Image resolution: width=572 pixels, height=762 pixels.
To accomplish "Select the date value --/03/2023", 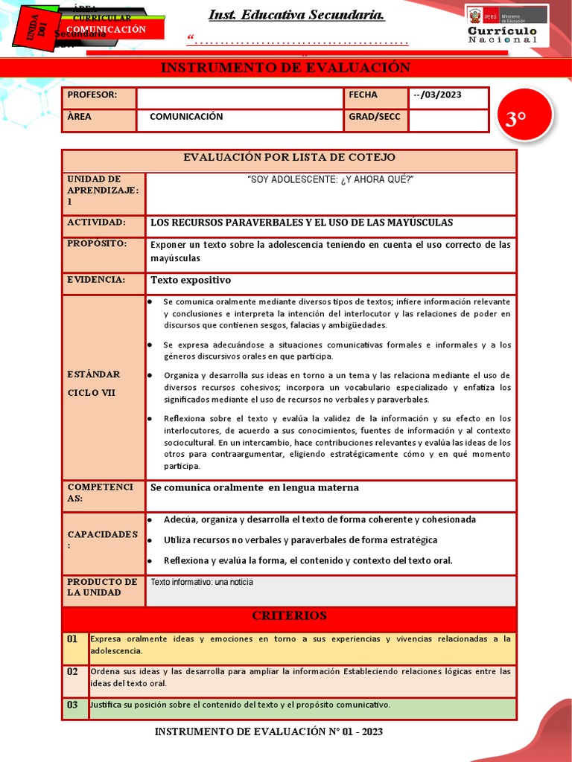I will pyautogui.click(x=436, y=95).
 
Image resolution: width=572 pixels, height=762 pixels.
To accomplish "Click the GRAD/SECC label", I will pyautogui.click(x=374, y=117).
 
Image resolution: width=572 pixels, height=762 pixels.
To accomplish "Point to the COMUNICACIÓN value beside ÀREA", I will pyautogui.click(x=186, y=117).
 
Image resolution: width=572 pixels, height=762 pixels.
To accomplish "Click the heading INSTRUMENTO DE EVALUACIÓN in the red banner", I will pyautogui.click(x=286, y=68).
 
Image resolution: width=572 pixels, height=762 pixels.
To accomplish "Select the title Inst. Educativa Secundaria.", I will pyautogui.click(x=296, y=15).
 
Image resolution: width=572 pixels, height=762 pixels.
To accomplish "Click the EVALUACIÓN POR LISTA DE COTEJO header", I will pyautogui.click(x=289, y=158).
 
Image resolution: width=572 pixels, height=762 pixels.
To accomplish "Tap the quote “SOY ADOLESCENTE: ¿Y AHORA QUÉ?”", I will pyautogui.click(x=330, y=180).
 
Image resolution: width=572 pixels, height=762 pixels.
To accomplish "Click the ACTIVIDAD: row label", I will pyautogui.click(x=97, y=222).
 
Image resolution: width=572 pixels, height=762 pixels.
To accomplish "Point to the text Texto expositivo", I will pyautogui.click(x=191, y=281).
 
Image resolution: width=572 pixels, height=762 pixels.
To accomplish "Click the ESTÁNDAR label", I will pyautogui.click(x=93, y=374).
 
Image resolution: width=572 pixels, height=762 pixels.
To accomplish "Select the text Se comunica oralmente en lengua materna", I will pyautogui.click(x=255, y=487).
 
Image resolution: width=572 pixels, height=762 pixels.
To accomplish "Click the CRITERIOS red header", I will pyautogui.click(x=289, y=616).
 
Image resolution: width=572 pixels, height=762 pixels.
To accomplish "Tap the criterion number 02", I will pyautogui.click(x=72, y=672).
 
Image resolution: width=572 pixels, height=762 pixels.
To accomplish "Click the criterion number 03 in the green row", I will pyautogui.click(x=72, y=705).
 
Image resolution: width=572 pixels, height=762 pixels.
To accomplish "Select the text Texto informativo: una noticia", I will pyautogui.click(x=202, y=582).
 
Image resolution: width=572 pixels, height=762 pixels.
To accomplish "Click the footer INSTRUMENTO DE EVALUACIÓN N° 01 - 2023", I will pyautogui.click(x=268, y=732).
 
